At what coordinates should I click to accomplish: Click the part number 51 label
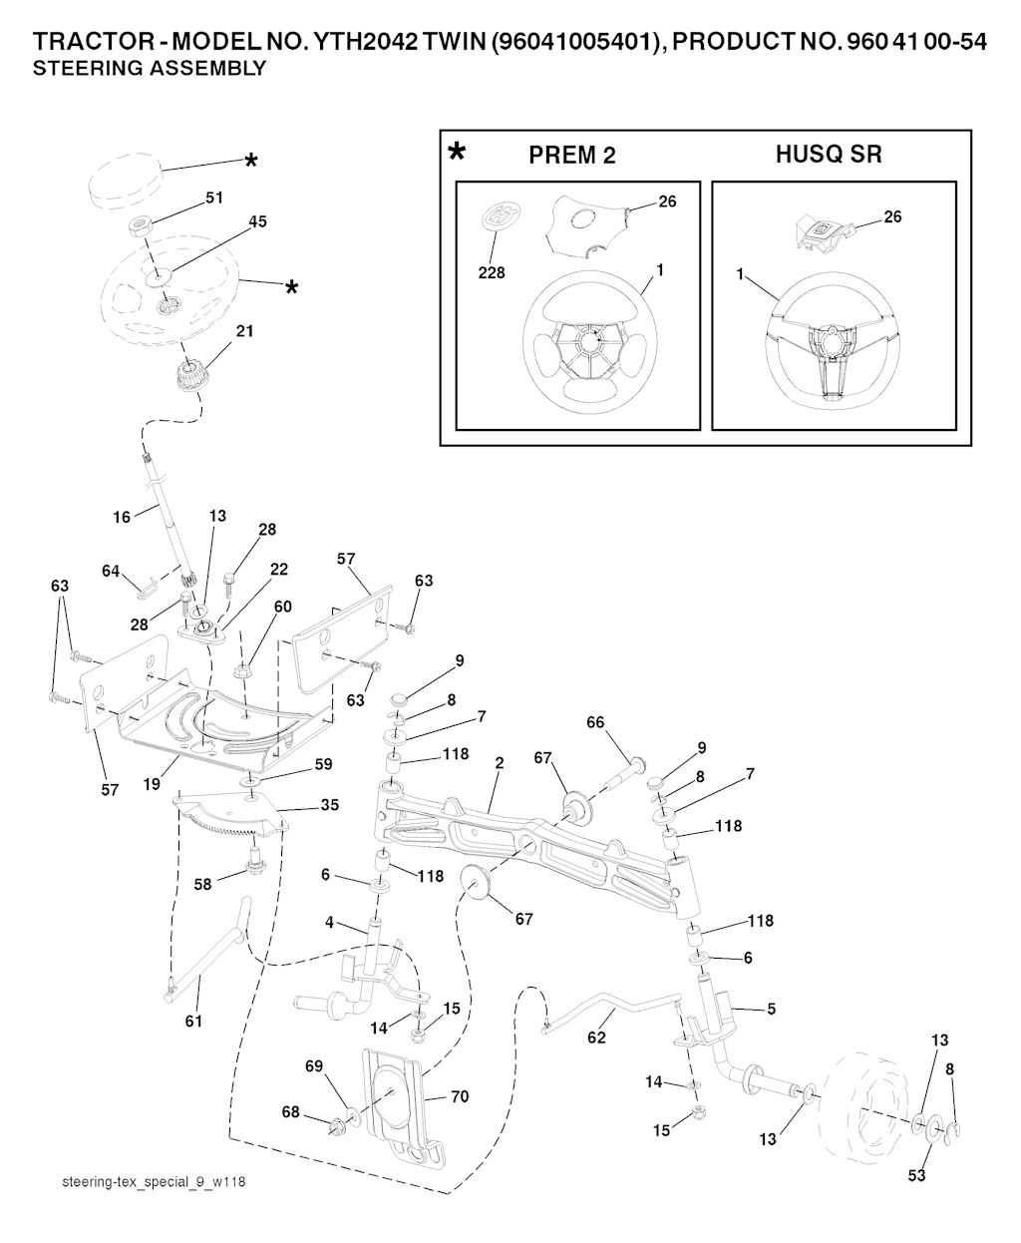tap(213, 198)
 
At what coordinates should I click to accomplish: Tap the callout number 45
tap(257, 221)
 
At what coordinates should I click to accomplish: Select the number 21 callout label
tap(243, 330)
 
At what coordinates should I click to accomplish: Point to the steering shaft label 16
tap(122, 517)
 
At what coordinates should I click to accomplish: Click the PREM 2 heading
tap(571, 156)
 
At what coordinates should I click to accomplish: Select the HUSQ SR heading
tap(829, 155)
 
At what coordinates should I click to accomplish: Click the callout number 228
tap(493, 272)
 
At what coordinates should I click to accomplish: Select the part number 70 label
tap(459, 1096)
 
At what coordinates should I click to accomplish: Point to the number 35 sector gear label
tap(328, 804)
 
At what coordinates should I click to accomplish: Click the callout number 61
tap(193, 1021)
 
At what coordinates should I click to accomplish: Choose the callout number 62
tap(596, 1037)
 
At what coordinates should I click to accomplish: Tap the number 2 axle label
tap(499, 763)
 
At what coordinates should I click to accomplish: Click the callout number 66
tap(595, 722)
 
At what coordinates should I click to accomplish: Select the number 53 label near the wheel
tap(916, 1175)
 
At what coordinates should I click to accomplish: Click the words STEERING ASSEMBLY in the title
tap(150, 69)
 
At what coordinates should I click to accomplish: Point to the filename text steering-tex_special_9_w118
tap(153, 1182)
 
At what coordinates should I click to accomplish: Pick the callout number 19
tap(152, 784)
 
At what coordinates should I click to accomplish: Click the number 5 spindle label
tap(772, 1009)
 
